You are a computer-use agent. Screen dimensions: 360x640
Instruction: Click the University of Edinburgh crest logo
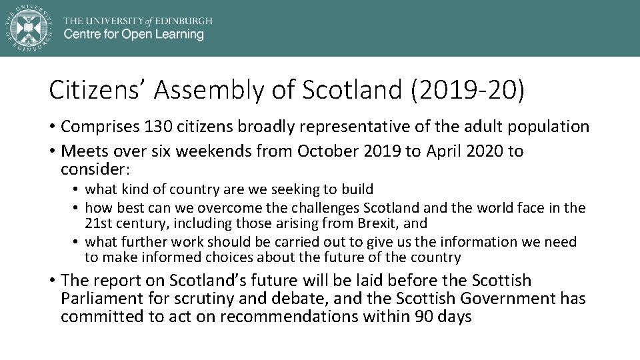(28, 27)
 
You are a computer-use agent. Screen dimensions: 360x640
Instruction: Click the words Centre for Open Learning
(133, 34)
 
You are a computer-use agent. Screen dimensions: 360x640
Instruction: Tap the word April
(447, 151)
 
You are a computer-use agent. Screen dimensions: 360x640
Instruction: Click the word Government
(503, 299)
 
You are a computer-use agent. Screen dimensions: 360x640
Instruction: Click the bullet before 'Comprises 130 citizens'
(53, 127)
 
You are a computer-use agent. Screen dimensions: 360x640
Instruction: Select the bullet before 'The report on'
(53, 281)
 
